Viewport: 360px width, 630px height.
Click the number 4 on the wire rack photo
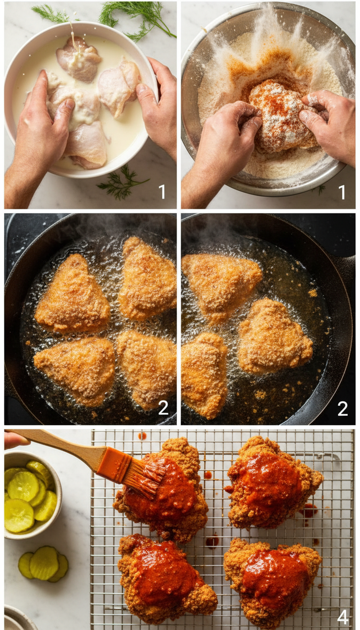[x=343, y=617]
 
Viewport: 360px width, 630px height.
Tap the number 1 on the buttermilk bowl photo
[x=162, y=192]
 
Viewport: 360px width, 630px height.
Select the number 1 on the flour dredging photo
[x=342, y=192]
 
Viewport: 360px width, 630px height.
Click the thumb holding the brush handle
[x=14, y=440]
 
